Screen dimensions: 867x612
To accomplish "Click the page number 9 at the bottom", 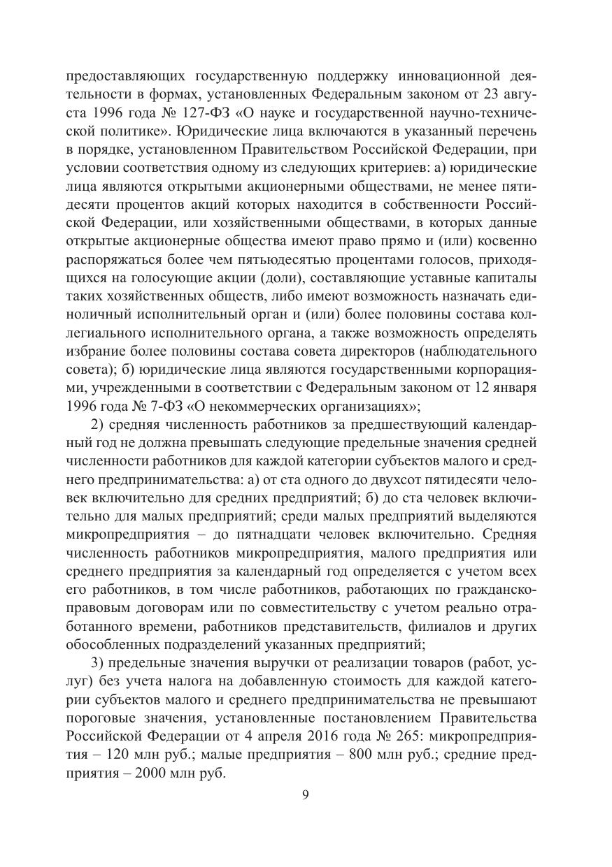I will tap(306, 796).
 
